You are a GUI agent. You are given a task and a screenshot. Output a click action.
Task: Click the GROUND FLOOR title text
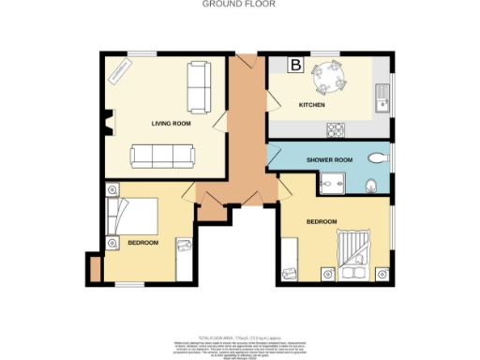click(232, 4)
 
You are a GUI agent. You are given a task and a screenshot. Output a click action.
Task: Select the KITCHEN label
click(311, 105)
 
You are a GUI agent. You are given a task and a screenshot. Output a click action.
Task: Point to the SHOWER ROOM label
click(330, 159)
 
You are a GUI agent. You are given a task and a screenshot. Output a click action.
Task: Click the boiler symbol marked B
click(295, 65)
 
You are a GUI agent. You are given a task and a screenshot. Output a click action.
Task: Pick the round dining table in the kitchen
click(329, 75)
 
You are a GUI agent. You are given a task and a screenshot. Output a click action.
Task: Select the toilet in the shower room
click(373, 184)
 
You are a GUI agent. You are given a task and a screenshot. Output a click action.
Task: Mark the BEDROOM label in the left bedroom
click(143, 243)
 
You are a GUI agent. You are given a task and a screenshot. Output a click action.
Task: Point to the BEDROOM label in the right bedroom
click(322, 221)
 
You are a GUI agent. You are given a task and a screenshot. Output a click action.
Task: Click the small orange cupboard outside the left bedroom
click(93, 268)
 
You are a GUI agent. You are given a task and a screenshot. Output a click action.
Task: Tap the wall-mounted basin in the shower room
click(377, 157)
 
